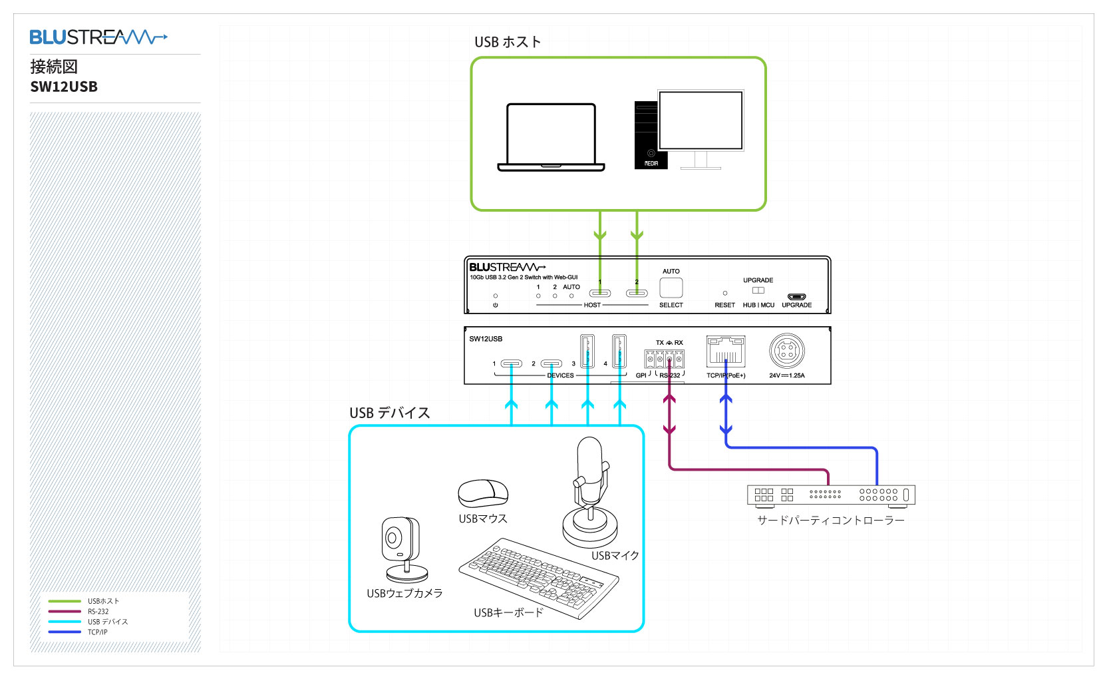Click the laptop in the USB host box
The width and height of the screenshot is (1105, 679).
551,137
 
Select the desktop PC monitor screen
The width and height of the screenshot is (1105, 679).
700,120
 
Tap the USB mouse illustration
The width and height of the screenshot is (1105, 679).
483,493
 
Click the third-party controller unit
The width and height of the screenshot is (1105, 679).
831,495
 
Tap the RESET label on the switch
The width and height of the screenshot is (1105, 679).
724,305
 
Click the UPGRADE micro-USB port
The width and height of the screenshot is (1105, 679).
796,297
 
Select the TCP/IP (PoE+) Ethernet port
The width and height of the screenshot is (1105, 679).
726,351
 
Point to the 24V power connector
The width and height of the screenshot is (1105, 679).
787,351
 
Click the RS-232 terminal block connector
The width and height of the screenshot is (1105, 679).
665,359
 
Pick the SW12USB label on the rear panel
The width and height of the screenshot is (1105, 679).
486,339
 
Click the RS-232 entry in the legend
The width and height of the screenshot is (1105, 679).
98,611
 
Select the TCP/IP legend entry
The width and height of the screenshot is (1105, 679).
97,632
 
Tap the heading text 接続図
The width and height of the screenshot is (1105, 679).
54,67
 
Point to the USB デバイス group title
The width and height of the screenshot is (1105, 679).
390,413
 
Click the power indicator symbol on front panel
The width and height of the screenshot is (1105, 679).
496,305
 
